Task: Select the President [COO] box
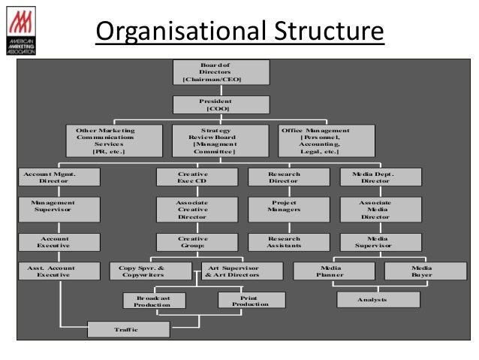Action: point(213,104)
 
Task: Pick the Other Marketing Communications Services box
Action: point(109,141)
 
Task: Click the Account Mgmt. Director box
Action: point(52,177)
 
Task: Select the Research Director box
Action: point(288,177)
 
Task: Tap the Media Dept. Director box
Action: point(380,177)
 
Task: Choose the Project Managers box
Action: point(288,207)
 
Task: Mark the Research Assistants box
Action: point(288,242)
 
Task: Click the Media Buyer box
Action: point(420,271)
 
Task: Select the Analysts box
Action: point(377,300)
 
